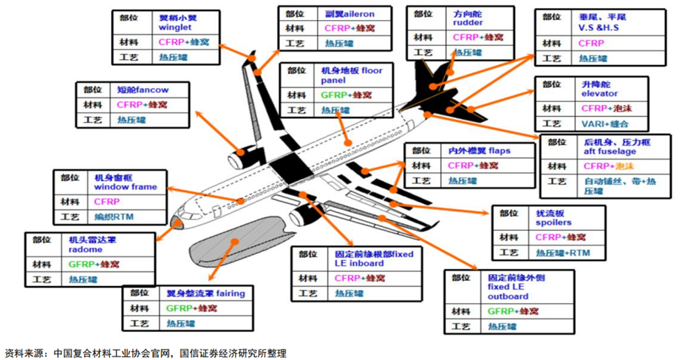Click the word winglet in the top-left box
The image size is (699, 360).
pyautogui.click(x=175, y=27)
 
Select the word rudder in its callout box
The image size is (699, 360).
pyautogui.click(x=468, y=22)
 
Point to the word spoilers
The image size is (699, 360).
pyautogui.click(x=553, y=223)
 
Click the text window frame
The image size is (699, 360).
pyautogui.click(x=125, y=188)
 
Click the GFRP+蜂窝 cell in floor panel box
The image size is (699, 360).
pyautogui.click(x=347, y=95)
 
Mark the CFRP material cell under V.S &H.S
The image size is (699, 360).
pyautogui.click(x=591, y=43)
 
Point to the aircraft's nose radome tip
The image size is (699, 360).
pyautogui.click(x=175, y=221)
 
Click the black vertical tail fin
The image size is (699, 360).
pyautogui.click(x=427, y=81)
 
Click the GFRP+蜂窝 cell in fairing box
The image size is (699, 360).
pyautogui.click(x=185, y=308)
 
